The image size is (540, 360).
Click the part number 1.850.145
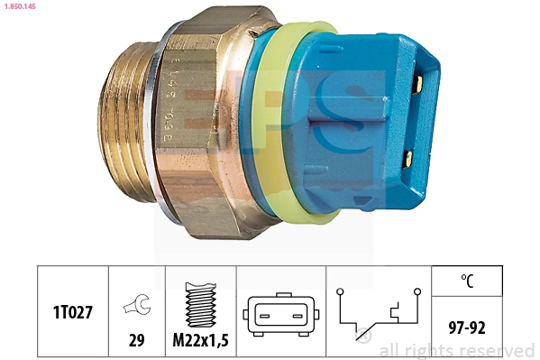point(21,7)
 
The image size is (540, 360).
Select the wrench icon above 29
point(137,307)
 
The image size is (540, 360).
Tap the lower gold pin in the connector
point(408,160)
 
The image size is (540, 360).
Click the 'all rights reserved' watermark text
point(456,351)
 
